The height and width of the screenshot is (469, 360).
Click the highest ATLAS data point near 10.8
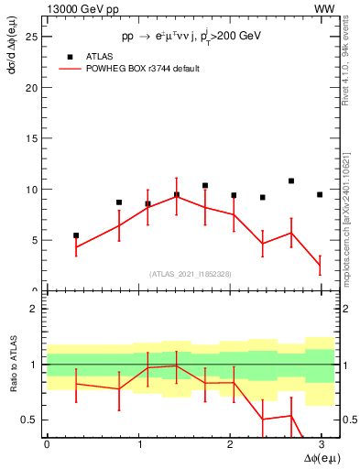click(x=291, y=181)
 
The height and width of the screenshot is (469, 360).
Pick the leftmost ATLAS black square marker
click(x=76, y=235)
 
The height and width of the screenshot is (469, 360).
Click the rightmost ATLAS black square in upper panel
click(x=320, y=194)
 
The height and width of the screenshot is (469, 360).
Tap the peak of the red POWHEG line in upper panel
click(x=177, y=195)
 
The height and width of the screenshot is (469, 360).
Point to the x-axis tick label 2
click(x=230, y=446)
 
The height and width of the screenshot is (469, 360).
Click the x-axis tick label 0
click(x=47, y=446)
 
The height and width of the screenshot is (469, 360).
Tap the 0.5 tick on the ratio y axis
click(x=32, y=420)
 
